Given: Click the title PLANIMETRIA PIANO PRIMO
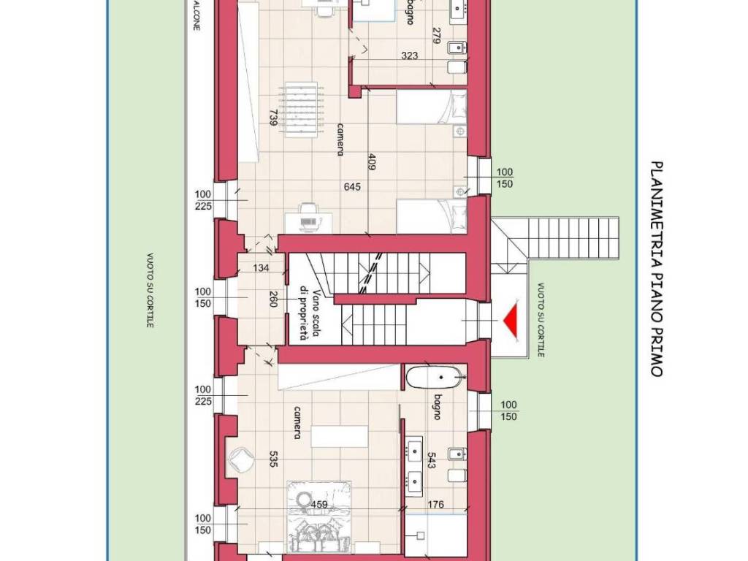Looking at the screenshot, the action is [657, 270].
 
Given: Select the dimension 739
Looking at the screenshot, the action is [274, 118].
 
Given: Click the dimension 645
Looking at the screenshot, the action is [352, 186].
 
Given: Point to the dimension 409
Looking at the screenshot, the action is [373, 161].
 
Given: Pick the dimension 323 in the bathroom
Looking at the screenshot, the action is [409, 56].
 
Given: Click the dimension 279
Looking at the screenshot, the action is [436, 35].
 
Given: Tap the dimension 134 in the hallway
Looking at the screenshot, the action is [261, 268].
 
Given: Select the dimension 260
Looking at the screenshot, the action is [273, 299].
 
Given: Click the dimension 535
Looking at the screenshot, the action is [273, 459].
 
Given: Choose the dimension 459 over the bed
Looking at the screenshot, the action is [319, 504].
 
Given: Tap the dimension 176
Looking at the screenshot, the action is [435, 504].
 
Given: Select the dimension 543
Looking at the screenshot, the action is [431, 461].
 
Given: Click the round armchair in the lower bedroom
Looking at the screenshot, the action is [240, 460].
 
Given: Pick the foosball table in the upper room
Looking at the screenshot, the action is [302, 110].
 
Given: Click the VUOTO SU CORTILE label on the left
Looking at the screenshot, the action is [150, 290].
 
